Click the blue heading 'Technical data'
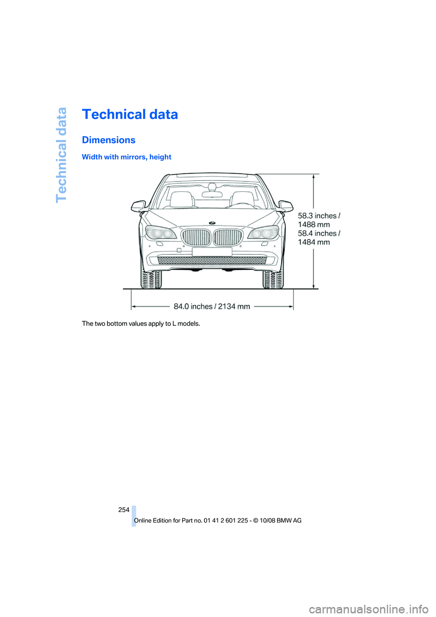coord(130,114)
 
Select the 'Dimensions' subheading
coord(109,140)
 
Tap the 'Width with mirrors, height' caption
coord(126,157)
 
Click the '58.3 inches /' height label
coord(319,216)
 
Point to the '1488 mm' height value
coord(314,224)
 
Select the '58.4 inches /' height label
coord(319,234)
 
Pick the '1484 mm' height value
coord(314,242)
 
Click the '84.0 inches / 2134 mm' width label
coord(212,306)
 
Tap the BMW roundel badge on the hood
coord(212,223)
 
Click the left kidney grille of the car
coord(196,237)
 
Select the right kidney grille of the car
coord(228,237)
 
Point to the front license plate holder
coord(212,252)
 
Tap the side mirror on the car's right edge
coord(286,206)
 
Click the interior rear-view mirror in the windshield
coord(212,194)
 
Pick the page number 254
coord(124,510)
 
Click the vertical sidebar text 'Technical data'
coord(61,155)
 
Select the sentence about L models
coord(141,323)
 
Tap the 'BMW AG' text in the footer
coord(291,521)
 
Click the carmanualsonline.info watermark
coord(368,609)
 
